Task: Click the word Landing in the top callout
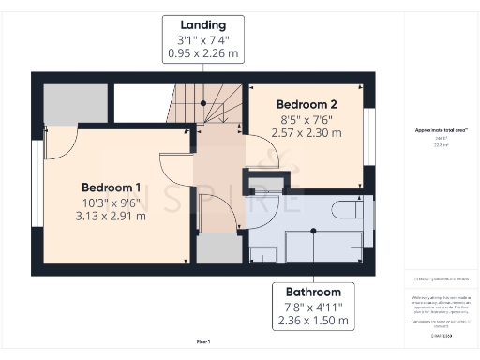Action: point(203,23)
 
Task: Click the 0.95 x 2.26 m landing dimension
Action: point(203,53)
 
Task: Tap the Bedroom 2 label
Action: point(306,103)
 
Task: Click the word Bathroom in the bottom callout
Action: point(313,292)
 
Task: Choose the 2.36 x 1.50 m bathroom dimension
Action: point(313,322)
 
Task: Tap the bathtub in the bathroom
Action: point(322,247)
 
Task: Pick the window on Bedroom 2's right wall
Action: point(369,136)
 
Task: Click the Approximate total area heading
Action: point(441,130)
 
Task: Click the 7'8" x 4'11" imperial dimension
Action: point(313,307)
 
